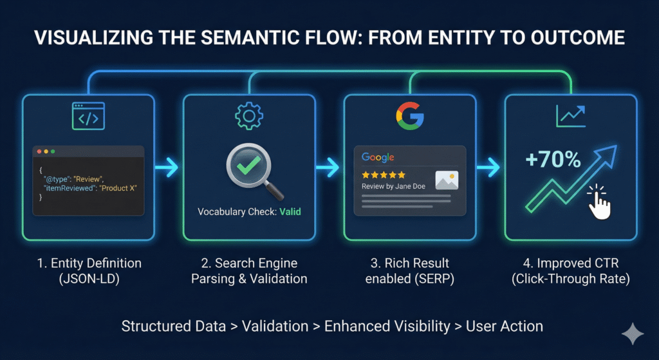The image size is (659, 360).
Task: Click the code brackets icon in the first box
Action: tap(88, 118)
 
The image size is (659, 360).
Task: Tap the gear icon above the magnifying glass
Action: tap(248, 117)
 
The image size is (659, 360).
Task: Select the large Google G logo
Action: tap(409, 116)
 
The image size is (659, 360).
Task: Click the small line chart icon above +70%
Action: tap(570, 117)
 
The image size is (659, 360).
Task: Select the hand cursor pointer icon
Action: tap(600, 202)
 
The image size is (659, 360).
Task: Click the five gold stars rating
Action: tap(384, 175)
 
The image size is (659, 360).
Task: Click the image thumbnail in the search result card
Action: tap(447, 180)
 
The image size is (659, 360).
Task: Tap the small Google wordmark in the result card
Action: tap(378, 157)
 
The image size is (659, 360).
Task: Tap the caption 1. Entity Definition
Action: tap(88, 263)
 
